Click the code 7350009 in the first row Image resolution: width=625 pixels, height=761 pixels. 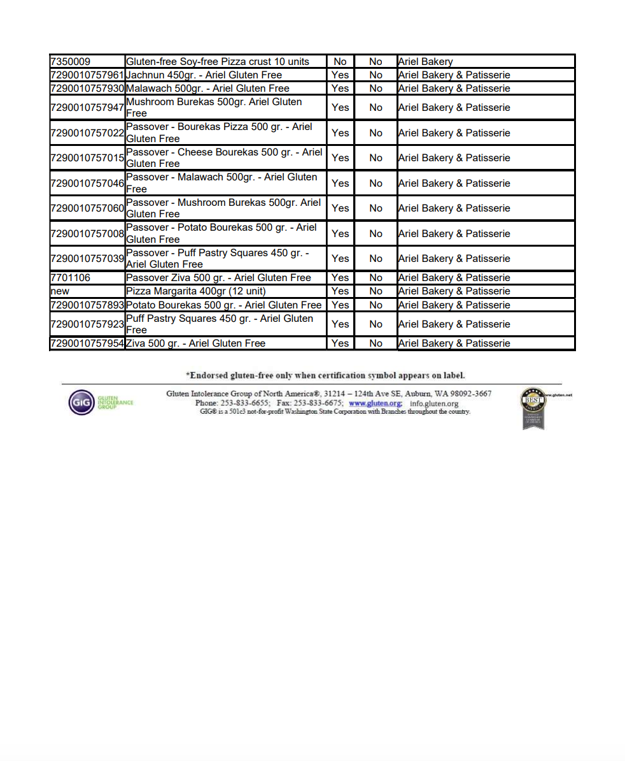(x=71, y=62)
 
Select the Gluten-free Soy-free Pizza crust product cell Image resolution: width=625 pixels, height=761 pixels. (x=218, y=62)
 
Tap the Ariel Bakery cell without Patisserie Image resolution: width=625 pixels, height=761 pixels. (x=425, y=62)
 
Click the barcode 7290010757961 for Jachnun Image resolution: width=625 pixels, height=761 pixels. (x=87, y=75)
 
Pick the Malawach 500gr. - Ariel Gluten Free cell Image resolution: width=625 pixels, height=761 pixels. (x=207, y=89)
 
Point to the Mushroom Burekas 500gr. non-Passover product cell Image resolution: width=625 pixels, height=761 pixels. (x=214, y=107)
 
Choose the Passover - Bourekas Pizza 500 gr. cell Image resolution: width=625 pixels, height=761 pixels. (x=219, y=133)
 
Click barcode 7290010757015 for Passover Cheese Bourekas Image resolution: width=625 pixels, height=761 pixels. (x=87, y=158)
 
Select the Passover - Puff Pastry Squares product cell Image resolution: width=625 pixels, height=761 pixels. (x=217, y=258)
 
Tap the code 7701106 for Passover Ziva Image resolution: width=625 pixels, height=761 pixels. (x=71, y=278)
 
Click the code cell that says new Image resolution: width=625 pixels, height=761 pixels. (x=60, y=291)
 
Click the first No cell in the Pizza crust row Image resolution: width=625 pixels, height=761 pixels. (x=341, y=62)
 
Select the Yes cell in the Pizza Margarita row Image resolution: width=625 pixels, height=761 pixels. (x=341, y=291)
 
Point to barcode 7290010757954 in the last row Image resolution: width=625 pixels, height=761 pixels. (x=87, y=344)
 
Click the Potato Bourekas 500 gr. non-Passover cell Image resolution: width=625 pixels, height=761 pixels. (x=224, y=305)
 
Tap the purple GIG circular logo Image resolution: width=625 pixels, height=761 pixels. (x=81, y=403)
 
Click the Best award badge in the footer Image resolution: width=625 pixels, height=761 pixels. (x=533, y=408)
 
